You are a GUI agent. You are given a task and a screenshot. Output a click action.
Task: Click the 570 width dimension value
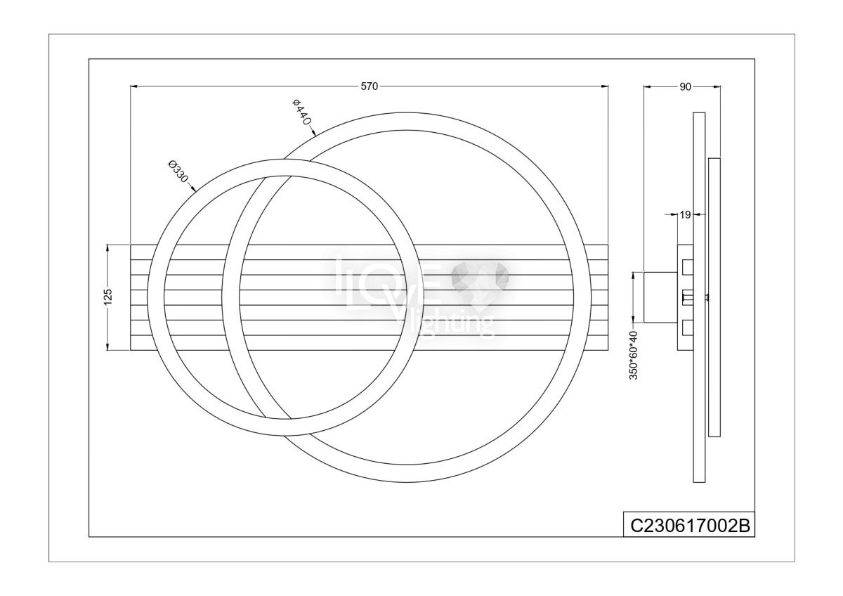(x=369, y=86)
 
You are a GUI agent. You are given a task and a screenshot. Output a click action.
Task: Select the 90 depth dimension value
(x=685, y=87)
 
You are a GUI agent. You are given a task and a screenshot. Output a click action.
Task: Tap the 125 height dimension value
(x=108, y=297)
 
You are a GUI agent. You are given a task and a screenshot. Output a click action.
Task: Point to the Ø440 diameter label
(x=302, y=112)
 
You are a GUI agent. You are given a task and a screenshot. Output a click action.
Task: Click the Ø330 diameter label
(x=178, y=171)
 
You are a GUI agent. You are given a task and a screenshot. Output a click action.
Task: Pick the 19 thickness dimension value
(x=685, y=215)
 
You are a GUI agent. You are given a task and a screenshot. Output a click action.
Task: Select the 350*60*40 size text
(x=634, y=356)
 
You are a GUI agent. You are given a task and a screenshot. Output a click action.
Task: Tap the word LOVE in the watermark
(x=388, y=286)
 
